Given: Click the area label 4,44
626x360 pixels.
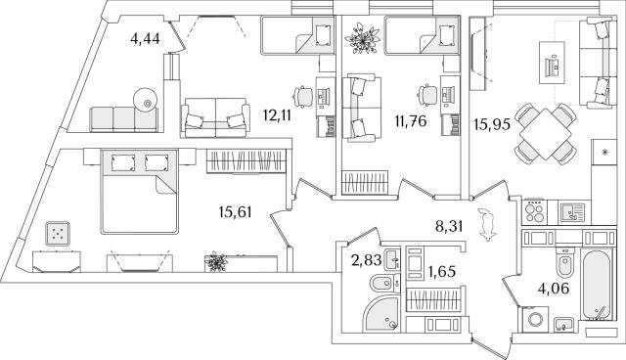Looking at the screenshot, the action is [145, 39].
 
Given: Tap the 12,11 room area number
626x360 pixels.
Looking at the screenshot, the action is [277, 115].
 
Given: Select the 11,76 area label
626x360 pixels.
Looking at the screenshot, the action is [411, 120].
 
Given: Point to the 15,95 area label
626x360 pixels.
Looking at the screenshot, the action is [492, 124].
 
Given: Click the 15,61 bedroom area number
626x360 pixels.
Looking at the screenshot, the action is [236, 212].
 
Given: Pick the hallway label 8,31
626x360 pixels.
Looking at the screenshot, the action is [449, 227].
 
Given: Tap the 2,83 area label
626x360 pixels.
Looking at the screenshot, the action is [366, 260].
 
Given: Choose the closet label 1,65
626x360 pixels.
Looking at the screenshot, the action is [441, 272].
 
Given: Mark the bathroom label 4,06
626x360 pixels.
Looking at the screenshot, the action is [554, 288].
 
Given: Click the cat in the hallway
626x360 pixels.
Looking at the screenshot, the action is [487, 224].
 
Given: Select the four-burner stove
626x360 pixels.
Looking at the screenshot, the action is [535, 211].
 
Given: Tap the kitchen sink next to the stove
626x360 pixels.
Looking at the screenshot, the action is [572, 212].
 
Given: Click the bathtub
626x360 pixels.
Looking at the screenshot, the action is [596, 285].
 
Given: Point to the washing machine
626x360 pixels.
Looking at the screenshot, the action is [535, 319].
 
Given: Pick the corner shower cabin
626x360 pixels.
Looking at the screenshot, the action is [380, 314].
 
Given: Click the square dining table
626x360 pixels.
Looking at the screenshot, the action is [546, 134].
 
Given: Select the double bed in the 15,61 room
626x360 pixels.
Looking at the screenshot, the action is [139, 192].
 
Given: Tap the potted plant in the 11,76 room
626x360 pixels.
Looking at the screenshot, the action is [363, 38].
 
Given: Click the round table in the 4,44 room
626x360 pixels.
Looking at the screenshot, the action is [146, 101].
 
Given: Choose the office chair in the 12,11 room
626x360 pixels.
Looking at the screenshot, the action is [302, 97].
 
